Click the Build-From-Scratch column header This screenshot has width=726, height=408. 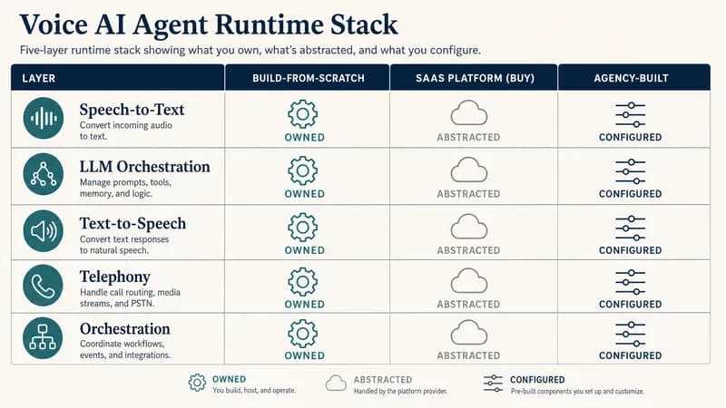pos(309,78)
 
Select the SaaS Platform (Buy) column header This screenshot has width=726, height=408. pos(475,78)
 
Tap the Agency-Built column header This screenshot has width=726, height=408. pos(631,78)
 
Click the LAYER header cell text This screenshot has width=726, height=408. pos(38,78)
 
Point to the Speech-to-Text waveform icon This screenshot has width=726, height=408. pos(44,119)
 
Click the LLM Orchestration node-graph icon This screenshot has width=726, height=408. pos(44,174)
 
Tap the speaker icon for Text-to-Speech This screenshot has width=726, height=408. pos(44,231)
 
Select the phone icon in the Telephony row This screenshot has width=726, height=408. pos(43,286)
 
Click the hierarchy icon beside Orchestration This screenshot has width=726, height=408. pos(43,337)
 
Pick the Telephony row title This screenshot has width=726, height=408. pos(115,277)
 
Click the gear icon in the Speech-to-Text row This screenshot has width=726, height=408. pos(303,114)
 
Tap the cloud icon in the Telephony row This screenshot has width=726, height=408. pos(468,281)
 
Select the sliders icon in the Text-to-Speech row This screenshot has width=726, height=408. pos(630,228)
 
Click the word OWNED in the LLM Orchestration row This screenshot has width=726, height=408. pos(305,194)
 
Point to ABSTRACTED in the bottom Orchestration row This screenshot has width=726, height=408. pos(468,355)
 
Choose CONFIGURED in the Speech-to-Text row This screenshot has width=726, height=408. pos(630,138)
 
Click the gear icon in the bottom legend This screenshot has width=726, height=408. pos(197,383)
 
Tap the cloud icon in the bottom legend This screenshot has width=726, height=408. pos(336,383)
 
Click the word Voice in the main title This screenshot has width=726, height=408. pos(54,24)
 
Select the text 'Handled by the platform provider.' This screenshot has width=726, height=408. pos(400,392)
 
